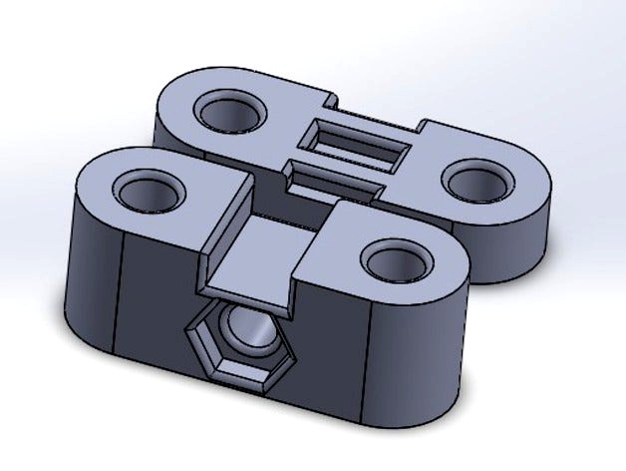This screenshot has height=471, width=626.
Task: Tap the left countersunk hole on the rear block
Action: click(x=231, y=113)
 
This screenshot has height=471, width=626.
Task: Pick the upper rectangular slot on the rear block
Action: click(x=359, y=143)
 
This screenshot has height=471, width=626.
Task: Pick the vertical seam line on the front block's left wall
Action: click(x=121, y=289)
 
